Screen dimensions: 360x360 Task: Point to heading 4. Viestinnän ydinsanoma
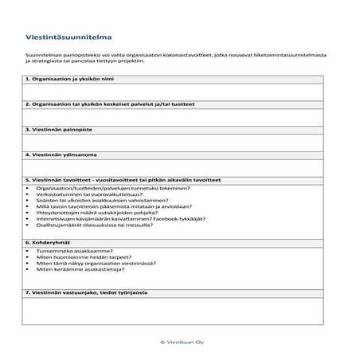point(65,154)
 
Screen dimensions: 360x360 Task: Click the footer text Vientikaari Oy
point(182,341)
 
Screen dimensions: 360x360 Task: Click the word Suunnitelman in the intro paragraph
point(41,54)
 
